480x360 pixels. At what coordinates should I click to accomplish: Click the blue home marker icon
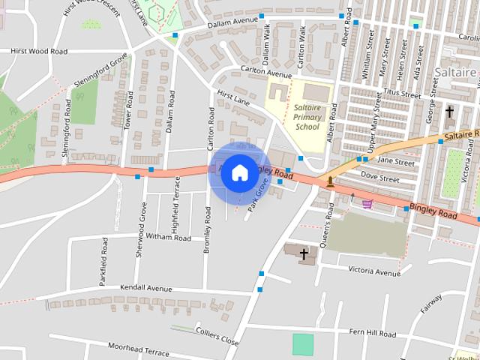(x=239, y=172)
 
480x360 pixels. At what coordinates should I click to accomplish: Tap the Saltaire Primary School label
(x=306, y=117)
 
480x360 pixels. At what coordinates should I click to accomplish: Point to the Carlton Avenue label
(x=265, y=71)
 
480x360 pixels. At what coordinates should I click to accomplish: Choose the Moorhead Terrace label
(x=138, y=350)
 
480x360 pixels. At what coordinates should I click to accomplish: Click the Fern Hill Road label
(x=372, y=333)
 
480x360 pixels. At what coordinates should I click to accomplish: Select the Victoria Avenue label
(x=375, y=272)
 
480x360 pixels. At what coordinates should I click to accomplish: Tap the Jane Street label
(x=396, y=161)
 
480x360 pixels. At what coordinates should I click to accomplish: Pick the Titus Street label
(x=401, y=95)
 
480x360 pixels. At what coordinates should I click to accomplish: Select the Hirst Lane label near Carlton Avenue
(x=232, y=96)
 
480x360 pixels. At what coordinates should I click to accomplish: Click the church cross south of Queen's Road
(x=304, y=254)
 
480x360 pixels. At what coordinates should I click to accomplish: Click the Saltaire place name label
(x=455, y=72)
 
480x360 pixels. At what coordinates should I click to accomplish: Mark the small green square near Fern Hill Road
(x=303, y=345)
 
